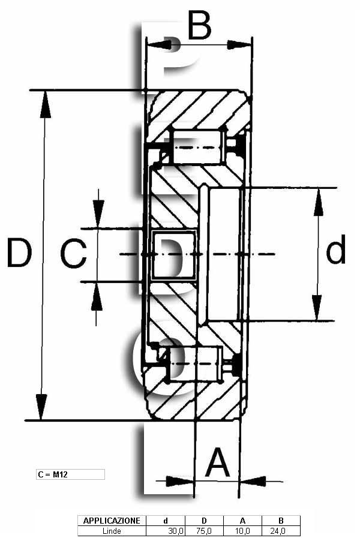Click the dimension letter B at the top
click(200, 25)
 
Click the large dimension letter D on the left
click(19, 252)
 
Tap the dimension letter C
click(73, 253)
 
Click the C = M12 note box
click(71, 474)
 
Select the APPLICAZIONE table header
click(112, 521)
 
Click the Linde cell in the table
click(112, 531)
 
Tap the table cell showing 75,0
click(204, 531)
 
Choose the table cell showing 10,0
click(242, 531)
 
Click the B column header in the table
click(281, 521)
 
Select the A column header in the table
click(242, 521)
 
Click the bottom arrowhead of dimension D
click(41, 407)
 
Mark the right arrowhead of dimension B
click(239, 45)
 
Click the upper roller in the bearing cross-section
click(197, 146)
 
